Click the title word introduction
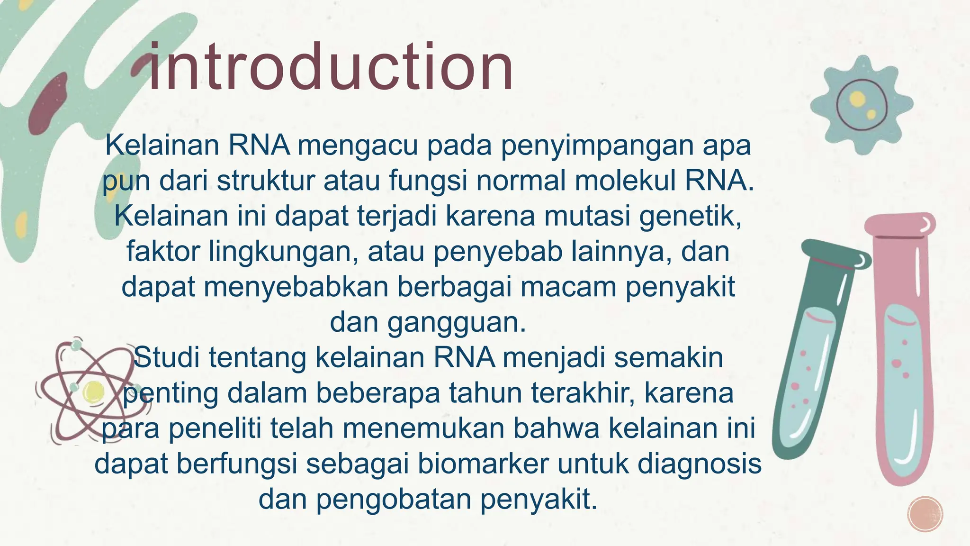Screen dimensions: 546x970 (x=331, y=67)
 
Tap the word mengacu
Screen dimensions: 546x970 (x=358, y=146)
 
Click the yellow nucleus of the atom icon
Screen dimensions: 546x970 (x=93, y=392)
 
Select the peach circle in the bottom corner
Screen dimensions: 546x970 (x=925, y=514)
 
